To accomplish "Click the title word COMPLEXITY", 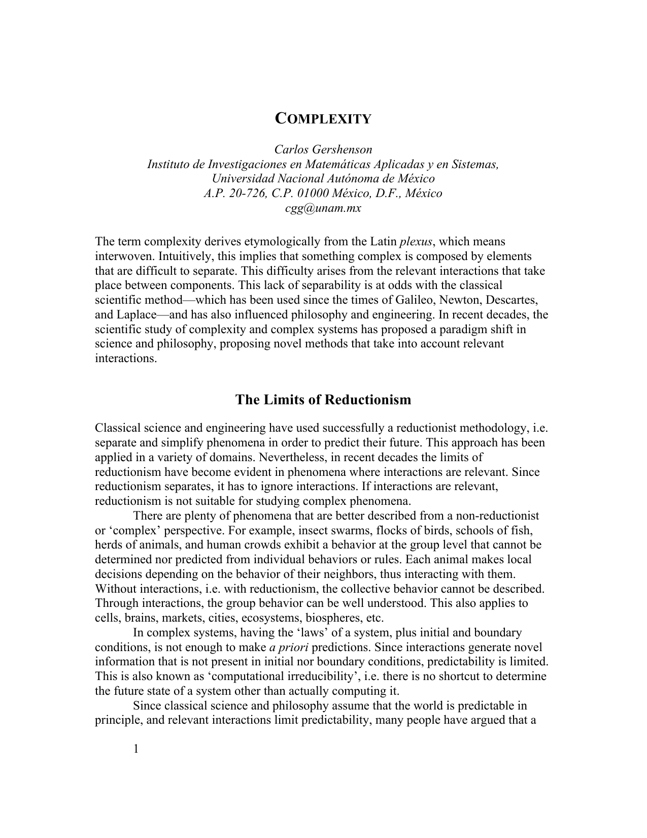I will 323,119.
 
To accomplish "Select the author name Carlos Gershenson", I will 323,149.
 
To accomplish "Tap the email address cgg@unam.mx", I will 323,208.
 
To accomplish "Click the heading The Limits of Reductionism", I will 323,400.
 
